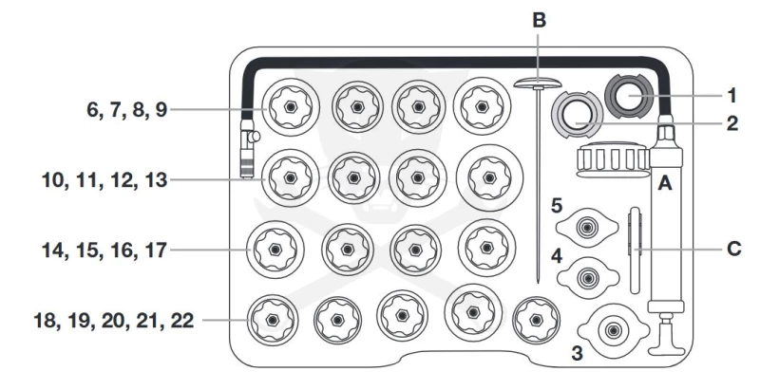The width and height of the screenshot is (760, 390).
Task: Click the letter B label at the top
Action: [539, 20]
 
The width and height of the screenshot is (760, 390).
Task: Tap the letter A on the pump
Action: [664, 183]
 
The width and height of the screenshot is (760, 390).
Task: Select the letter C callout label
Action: [733, 249]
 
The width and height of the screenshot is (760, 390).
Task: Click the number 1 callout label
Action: [731, 96]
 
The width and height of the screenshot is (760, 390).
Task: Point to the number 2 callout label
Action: [732, 124]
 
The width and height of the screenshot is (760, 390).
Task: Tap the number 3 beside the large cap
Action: [577, 353]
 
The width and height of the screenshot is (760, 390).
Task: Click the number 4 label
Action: [557, 256]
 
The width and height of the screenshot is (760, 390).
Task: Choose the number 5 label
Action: [557, 206]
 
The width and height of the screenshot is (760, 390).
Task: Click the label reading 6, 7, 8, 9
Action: [127, 110]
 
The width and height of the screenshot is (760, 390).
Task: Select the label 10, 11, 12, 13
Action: [104, 180]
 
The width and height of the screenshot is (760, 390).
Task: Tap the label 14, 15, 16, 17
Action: [104, 251]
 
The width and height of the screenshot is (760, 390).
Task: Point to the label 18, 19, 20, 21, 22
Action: [114, 321]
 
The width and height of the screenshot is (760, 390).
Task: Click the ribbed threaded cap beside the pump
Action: [612, 158]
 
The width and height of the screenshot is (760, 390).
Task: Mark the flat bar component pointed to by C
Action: [635, 251]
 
